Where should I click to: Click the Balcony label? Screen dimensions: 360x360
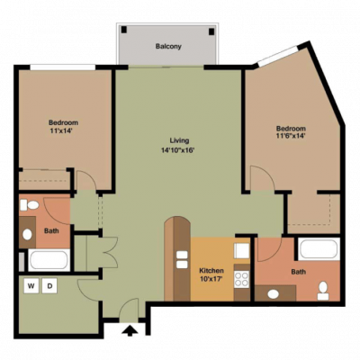(x=168, y=47)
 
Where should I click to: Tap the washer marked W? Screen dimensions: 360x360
(x=31, y=286)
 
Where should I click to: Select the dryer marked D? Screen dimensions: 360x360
(x=49, y=286)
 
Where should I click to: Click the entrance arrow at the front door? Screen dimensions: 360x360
(x=130, y=330)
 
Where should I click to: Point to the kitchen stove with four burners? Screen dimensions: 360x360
(x=242, y=279)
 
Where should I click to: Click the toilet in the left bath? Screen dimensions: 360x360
(x=30, y=205)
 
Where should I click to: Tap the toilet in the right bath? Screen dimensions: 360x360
(x=323, y=291)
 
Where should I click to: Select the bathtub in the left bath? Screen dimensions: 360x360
(x=49, y=260)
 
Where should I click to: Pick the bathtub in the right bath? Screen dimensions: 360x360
(x=319, y=249)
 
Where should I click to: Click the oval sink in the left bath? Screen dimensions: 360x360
(x=27, y=235)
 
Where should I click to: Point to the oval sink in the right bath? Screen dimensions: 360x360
(x=273, y=294)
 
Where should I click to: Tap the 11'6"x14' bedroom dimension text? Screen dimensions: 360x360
(x=291, y=136)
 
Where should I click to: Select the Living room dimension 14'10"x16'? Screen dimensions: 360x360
(x=178, y=150)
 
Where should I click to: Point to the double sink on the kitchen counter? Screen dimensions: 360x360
(x=182, y=259)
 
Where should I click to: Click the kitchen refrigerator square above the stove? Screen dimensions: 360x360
(x=242, y=250)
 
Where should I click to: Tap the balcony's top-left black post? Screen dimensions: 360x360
(x=124, y=30)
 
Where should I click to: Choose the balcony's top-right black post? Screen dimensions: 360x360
(x=211, y=31)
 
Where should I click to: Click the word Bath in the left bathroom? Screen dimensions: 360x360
(x=51, y=231)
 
